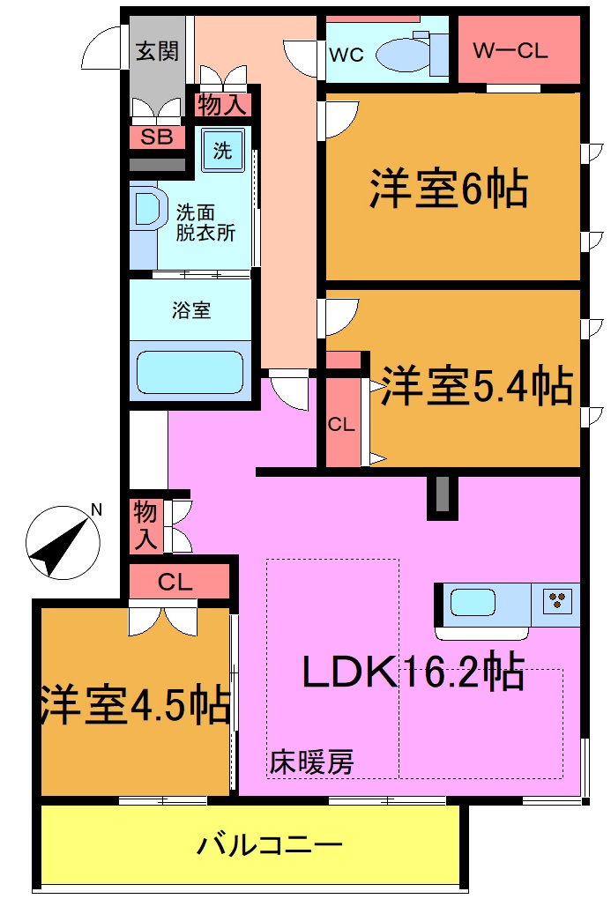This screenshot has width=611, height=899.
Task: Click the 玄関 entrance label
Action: pos(158,50)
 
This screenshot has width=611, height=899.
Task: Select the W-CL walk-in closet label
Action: pos(510,50)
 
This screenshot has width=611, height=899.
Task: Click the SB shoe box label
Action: pos(158,137)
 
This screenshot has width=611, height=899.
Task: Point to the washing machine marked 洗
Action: pos(222,151)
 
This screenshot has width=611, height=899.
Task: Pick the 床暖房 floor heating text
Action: pos(311,761)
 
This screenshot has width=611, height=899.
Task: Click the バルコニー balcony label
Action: pos(269,846)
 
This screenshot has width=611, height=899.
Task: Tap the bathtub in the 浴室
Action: pos(190,373)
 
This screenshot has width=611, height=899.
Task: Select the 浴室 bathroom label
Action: pos(191,310)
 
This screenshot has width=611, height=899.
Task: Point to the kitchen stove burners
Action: pos(557,601)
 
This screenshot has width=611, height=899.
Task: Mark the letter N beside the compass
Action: pos(96,509)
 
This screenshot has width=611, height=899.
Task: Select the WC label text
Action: pos(346,54)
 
